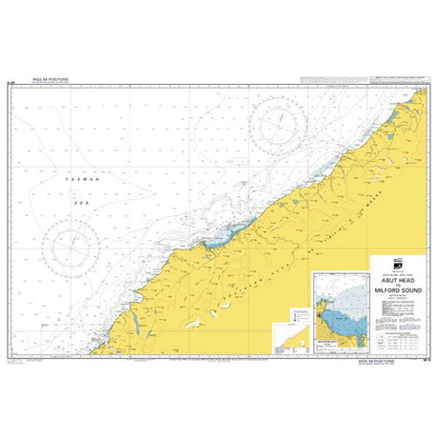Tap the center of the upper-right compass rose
[x=280, y=122]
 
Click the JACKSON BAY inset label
[x=327, y=342]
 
